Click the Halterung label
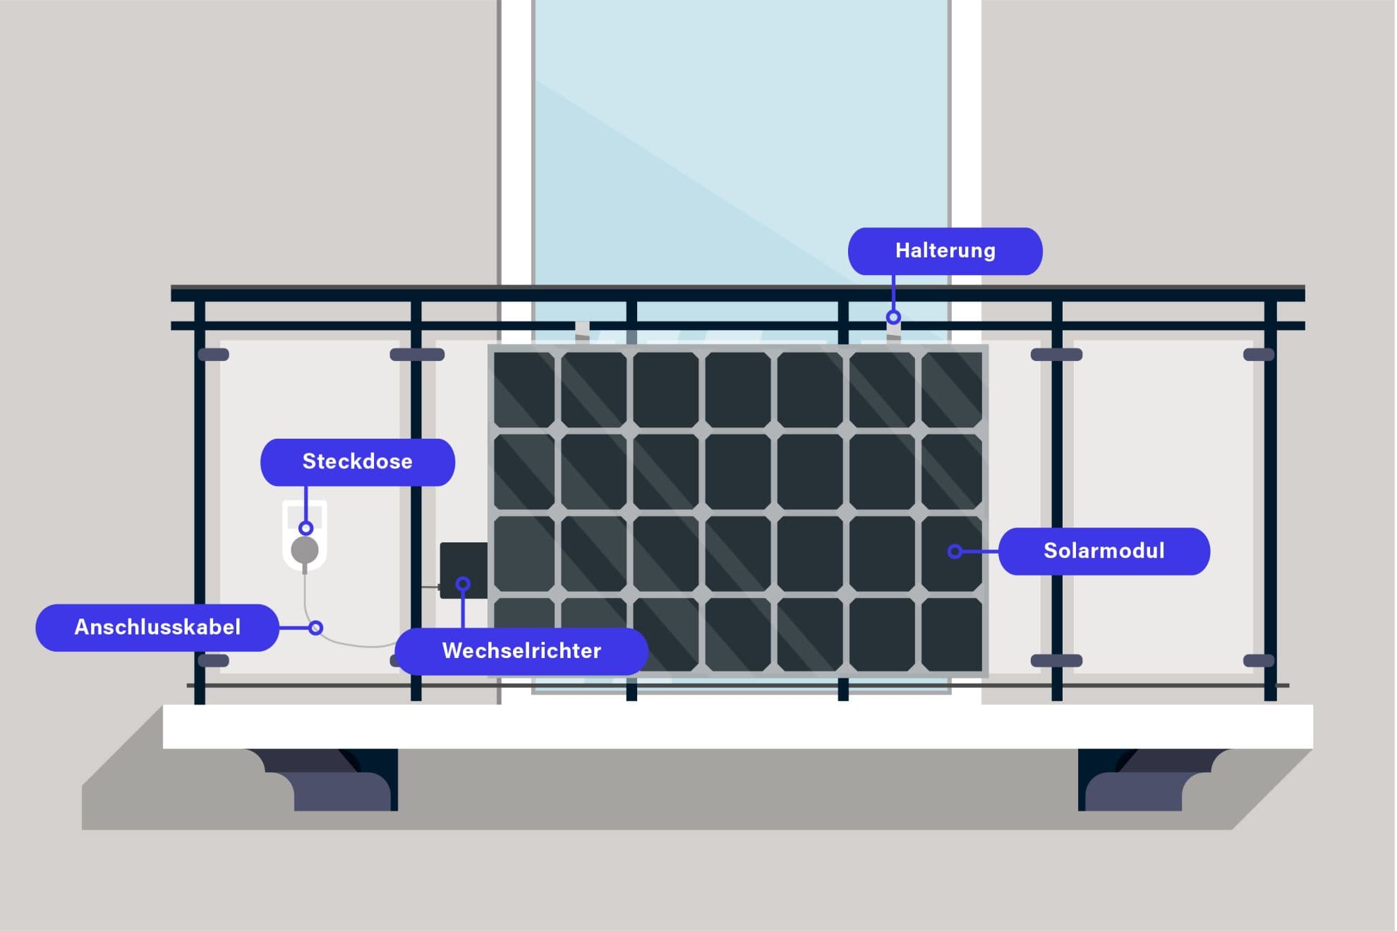(945, 251)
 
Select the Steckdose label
(357, 462)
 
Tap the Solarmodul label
(1103, 551)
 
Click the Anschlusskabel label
(157, 627)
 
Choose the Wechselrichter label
(521, 650)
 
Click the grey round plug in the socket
(305, 549)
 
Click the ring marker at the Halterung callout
(893, 317)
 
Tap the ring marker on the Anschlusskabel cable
(316, 628)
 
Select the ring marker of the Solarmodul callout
(955, 552)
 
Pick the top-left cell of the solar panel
(524, 390)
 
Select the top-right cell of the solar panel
(952, 390)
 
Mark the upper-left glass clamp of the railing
(213, 355)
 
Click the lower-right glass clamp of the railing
(1258, 661)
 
